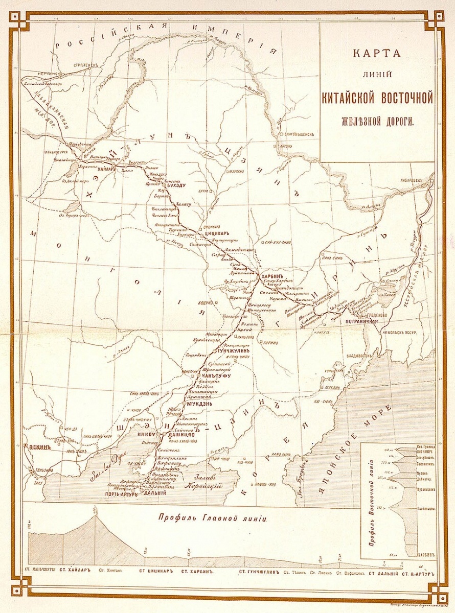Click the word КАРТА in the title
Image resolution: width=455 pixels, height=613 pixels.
tap(376, 53)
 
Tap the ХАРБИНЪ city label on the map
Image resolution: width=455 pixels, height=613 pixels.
tap(272, 276)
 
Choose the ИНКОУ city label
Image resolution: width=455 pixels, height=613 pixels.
tap(147, 435)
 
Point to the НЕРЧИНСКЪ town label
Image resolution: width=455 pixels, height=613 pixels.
tap(41, 74)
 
